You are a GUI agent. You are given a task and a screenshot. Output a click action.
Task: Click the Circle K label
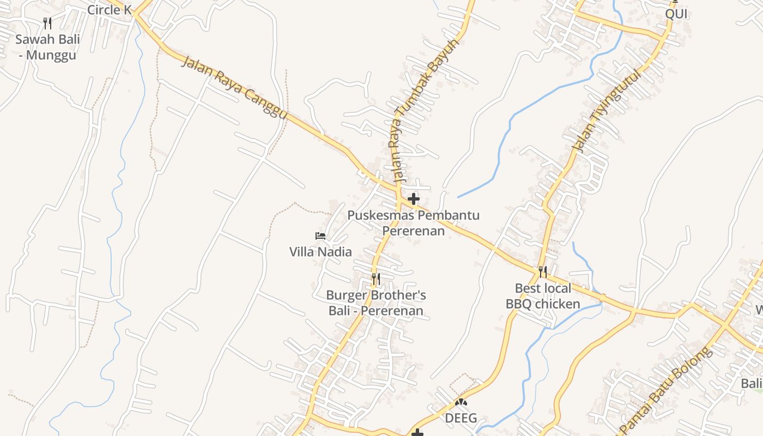tap(110, 9)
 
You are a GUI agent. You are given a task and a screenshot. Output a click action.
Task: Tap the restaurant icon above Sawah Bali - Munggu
tap(47, 23)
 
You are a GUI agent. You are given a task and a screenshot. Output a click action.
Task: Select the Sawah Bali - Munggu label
tap(47, 47)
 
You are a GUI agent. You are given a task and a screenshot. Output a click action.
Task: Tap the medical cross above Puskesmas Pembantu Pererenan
tap(414, 199)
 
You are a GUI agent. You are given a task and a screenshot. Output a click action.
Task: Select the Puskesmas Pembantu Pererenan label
tap(414, 222)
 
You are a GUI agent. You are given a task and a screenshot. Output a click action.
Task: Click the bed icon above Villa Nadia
tap(320, 236)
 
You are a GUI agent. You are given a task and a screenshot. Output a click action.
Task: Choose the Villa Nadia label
tap(320, 252)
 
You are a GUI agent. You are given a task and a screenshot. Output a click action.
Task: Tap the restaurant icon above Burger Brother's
tap(376, 279)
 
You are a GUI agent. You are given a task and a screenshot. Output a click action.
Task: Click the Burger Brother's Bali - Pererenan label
tap(376, 303)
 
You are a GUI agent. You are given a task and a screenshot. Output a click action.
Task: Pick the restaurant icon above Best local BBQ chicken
tap(542, 271)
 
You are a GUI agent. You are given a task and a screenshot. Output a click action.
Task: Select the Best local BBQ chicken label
tap(543, 296)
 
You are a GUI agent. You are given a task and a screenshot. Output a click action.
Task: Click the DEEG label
tap(461, 418)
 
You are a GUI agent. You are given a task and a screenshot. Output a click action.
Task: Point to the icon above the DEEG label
tap(461, 403)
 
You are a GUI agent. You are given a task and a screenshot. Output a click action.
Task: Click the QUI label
tap(676, 14)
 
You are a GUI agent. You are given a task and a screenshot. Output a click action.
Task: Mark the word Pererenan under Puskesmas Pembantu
tap(414, 231)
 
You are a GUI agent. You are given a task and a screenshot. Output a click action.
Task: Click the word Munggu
tap(51, 55)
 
